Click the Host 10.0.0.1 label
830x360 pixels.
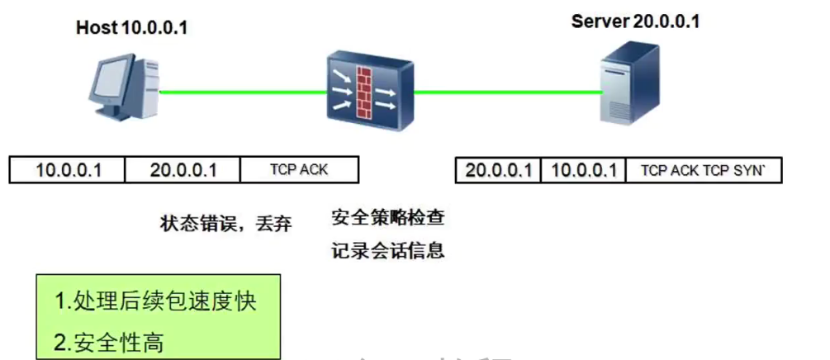tap(131, 28)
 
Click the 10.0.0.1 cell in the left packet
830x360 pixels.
tap(68, 170)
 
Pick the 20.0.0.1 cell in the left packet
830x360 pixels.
tap(183, 170)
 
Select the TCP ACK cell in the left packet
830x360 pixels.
tap(299, 170)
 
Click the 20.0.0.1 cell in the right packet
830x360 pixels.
tap(498, 170)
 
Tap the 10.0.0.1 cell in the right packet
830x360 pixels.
tap(584, 170)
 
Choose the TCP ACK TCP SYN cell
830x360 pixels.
tap(704, 170)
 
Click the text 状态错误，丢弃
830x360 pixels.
tap(225, 223)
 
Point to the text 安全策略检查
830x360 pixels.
tap(388, 218)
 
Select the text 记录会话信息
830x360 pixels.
tap(388, 250)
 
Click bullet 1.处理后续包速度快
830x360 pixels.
tap(156, 301)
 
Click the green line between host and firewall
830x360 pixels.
tap(240, 92)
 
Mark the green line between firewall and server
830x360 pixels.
tap(504, 92)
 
